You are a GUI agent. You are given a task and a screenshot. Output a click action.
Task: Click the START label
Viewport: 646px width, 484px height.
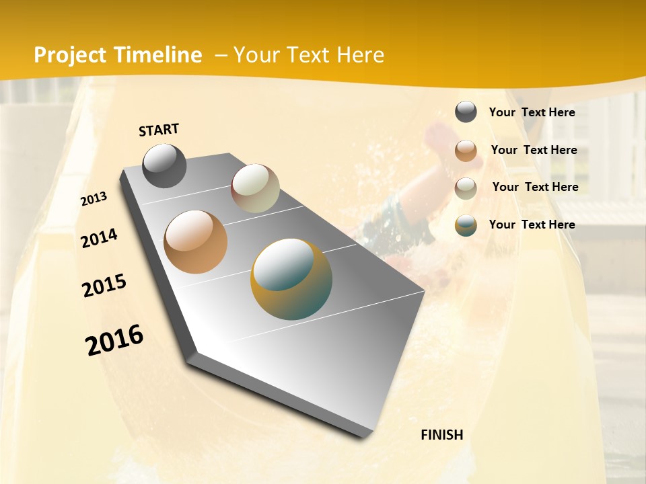pyautogui.click(x=159, y=130)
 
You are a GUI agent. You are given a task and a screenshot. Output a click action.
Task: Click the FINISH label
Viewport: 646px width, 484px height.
pyautogui.click(x=441, y=435)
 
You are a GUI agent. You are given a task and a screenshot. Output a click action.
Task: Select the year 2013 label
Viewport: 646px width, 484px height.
pyautogui.click(x=94, y=199)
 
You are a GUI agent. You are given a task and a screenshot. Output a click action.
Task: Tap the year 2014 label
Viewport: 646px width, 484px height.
pyautogui.click(x=99, y=238)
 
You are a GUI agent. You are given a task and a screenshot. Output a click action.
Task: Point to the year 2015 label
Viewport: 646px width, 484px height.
pyautogui.click(x=104, y=286)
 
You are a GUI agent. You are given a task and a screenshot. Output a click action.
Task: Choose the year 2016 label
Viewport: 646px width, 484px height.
pyautogui.click(x=114, y=340)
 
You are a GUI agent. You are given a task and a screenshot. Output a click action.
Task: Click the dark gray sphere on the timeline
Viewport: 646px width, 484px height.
pyautogui.click(x=164, y=166)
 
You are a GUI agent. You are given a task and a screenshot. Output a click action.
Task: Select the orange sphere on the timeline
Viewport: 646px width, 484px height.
pyautogui.click(x=196, y=242)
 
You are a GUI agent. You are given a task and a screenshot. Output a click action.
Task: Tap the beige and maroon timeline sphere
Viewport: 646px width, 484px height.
pyautogui.click(x=255, y=188)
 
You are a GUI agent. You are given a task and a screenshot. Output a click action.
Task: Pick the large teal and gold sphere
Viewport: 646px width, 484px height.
pyautogui.click(x=291, y=279)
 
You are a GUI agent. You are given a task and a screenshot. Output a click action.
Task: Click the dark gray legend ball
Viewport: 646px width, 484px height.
pyautogui.click(x=466, y=112)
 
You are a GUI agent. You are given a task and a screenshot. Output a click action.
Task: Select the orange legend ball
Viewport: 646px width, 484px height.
pyautogui.click(x=466, y=151)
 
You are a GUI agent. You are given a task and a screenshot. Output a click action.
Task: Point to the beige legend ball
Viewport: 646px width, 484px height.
pyautogui.click(x=466, y=188)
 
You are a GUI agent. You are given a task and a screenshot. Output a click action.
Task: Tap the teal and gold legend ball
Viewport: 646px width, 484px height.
pyautogui.click(x=466, y=225)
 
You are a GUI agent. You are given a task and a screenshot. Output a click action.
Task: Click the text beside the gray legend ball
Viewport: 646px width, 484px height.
pyautogui.click(x=532, y=112)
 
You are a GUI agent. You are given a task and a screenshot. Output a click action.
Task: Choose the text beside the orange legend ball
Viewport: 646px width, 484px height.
pyautogui.click(x=534, y=150)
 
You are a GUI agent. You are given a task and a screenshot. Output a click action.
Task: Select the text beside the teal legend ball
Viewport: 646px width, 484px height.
pyautogui.click(x=532, y=225)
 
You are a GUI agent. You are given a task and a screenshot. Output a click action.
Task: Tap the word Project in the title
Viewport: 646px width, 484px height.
pyautogui.click(x=70, y=55)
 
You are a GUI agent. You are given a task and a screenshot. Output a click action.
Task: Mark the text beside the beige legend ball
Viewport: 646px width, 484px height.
pyautogui.click(x=535, y=187)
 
